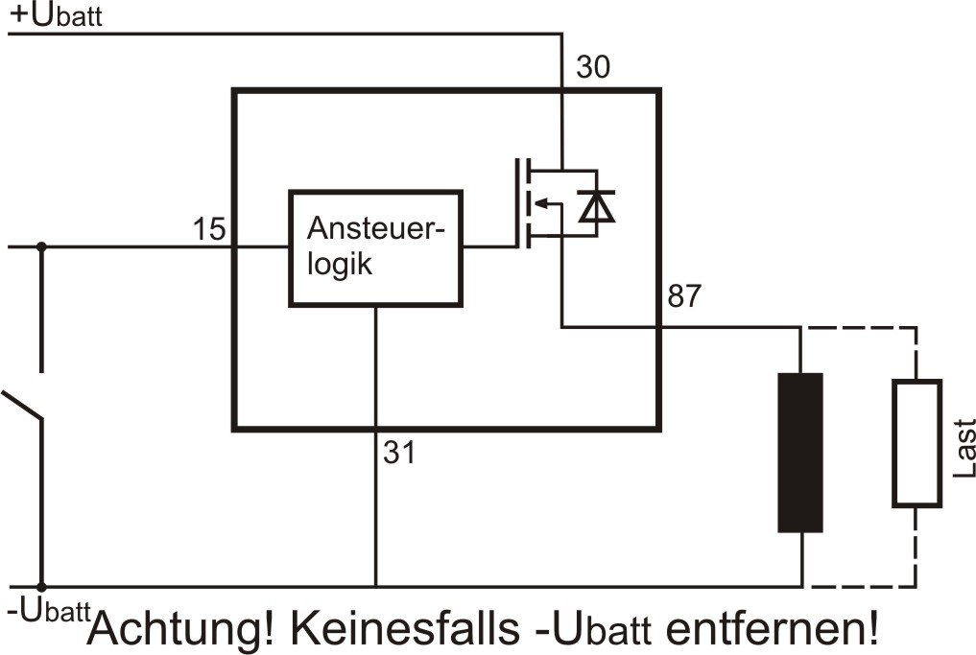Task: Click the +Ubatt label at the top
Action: pyautogui.click(x=55, y=16)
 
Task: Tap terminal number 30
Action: pyautogui.click(x=592, y=68)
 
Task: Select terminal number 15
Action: pyautogui.click(x=208, y=229)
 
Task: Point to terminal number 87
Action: pyautogui.click(x=684, y=297)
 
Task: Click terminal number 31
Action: pyautogui.click(x=399, y=452)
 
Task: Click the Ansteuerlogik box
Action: pyautogui.click(x=375, y=248)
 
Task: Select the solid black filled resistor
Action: pyautogui.click(x=800, y=452)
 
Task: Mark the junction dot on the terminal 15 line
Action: pyautogui.click(x=41, y=246)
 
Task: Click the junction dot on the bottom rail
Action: pyautogui.click(x=41, y=586)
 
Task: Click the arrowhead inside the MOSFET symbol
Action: pyautogui.click(x=539, y=202)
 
